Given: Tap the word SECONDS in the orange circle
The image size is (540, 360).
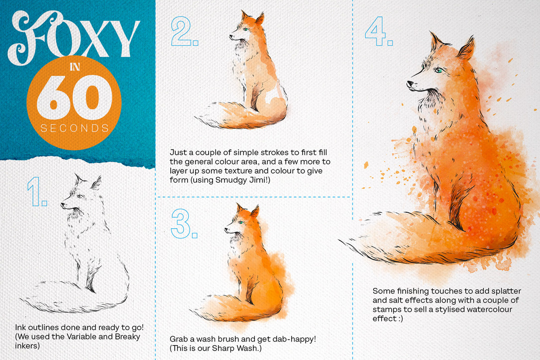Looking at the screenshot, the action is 75,128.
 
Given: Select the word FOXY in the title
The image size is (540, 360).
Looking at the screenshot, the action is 74,37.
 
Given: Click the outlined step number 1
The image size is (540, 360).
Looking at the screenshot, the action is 37,192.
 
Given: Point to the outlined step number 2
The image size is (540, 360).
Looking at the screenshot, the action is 184,31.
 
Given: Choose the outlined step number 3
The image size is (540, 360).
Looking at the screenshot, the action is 184,224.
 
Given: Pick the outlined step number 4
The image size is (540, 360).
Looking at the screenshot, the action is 379,31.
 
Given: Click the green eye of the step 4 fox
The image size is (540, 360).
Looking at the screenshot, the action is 438,70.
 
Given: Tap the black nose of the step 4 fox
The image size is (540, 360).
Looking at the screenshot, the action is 410,84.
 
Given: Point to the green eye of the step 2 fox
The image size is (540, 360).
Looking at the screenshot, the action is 245,29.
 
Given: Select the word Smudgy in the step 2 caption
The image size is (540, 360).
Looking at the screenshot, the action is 228,180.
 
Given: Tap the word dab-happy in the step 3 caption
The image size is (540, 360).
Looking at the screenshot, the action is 294,339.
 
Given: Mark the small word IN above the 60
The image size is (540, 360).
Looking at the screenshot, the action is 75,67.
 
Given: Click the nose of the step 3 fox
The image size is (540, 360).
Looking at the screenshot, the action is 226,229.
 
